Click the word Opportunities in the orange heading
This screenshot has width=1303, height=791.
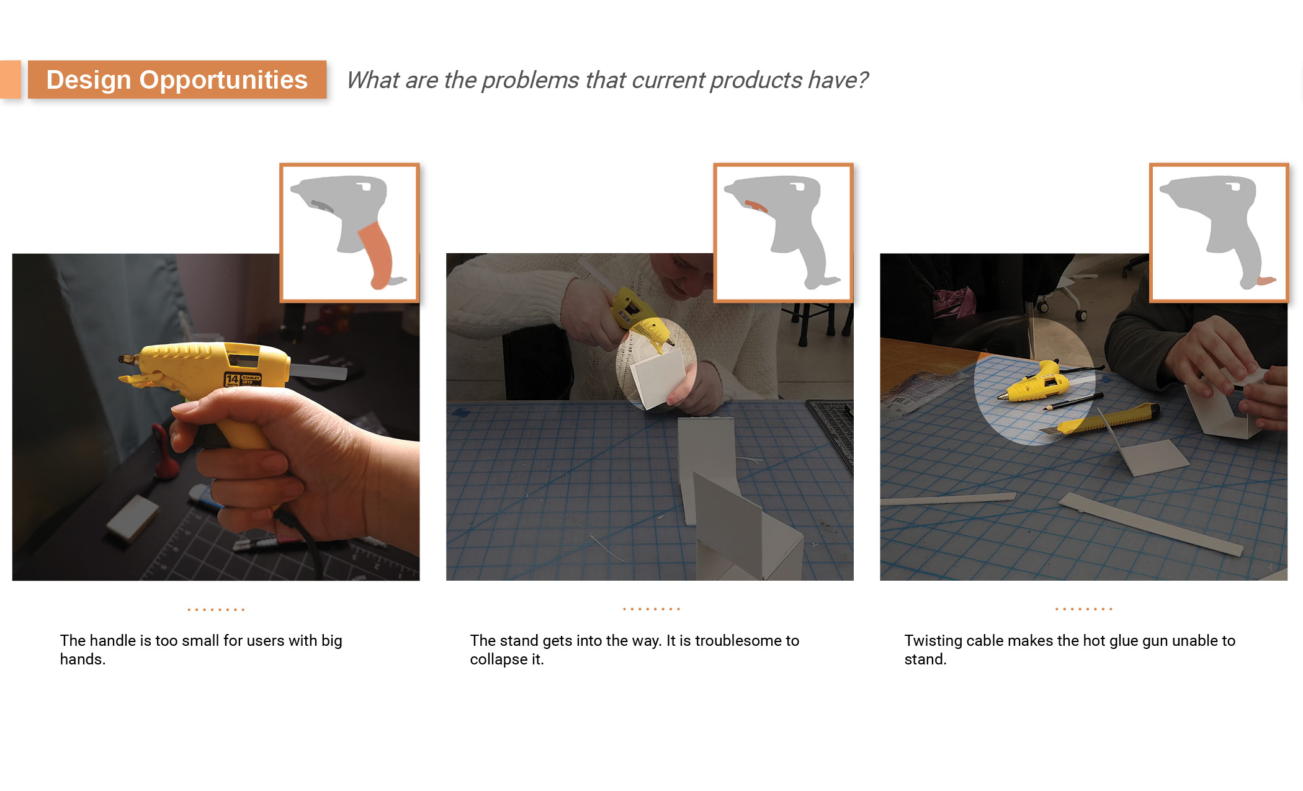223,81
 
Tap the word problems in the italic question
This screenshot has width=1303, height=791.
531,80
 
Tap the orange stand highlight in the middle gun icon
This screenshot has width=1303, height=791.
756,205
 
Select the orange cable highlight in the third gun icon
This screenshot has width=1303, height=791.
1266,280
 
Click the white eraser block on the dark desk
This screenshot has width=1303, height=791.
132,517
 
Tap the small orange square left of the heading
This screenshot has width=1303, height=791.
10,79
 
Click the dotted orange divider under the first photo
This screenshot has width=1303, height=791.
216,610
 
